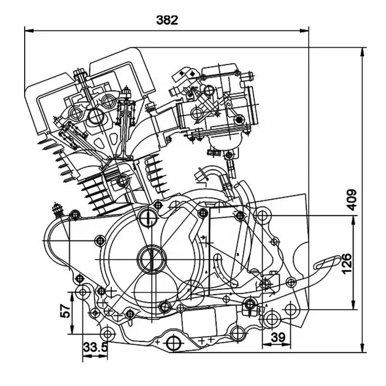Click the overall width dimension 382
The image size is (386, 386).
tap(167, 20)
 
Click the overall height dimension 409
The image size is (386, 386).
tap(352, 199)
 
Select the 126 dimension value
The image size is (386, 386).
tap(346, 263)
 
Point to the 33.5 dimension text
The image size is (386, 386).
tap(95, 347)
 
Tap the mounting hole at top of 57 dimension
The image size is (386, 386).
tap(83, 292)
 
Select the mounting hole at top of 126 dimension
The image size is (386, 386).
tap(262, 215)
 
